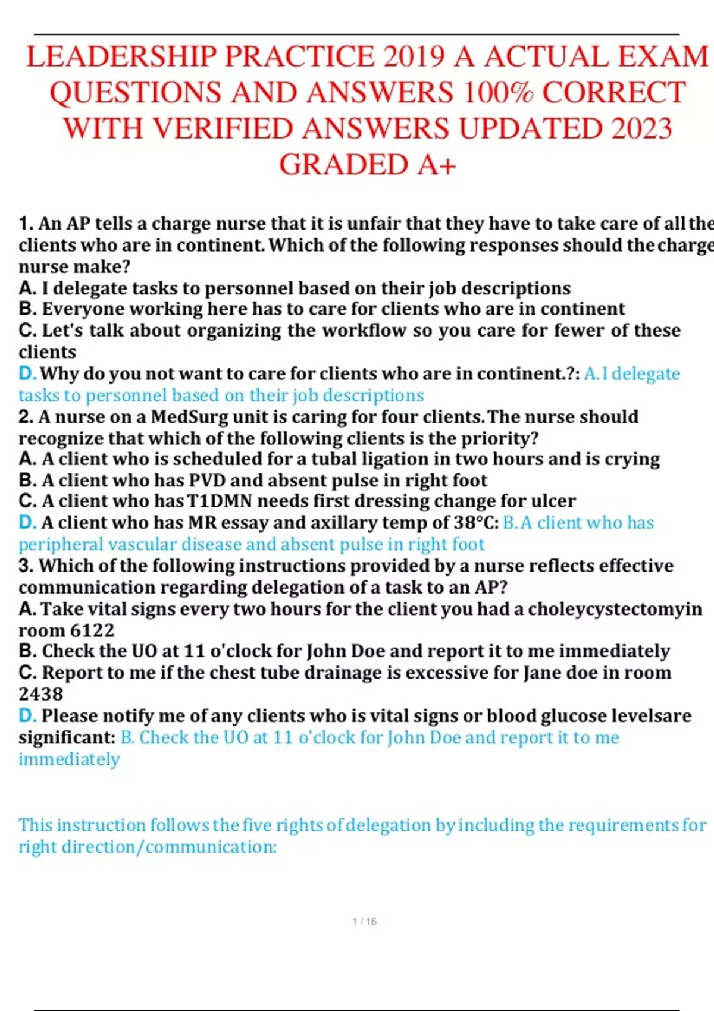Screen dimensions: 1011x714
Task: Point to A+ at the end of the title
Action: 436,165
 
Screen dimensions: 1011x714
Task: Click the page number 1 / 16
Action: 364,921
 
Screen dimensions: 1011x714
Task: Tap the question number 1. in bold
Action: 26,224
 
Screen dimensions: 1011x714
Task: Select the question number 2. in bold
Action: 26,417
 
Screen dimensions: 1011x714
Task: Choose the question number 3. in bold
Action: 26,566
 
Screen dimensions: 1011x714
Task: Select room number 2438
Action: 40,694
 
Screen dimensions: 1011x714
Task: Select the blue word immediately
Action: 69,759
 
